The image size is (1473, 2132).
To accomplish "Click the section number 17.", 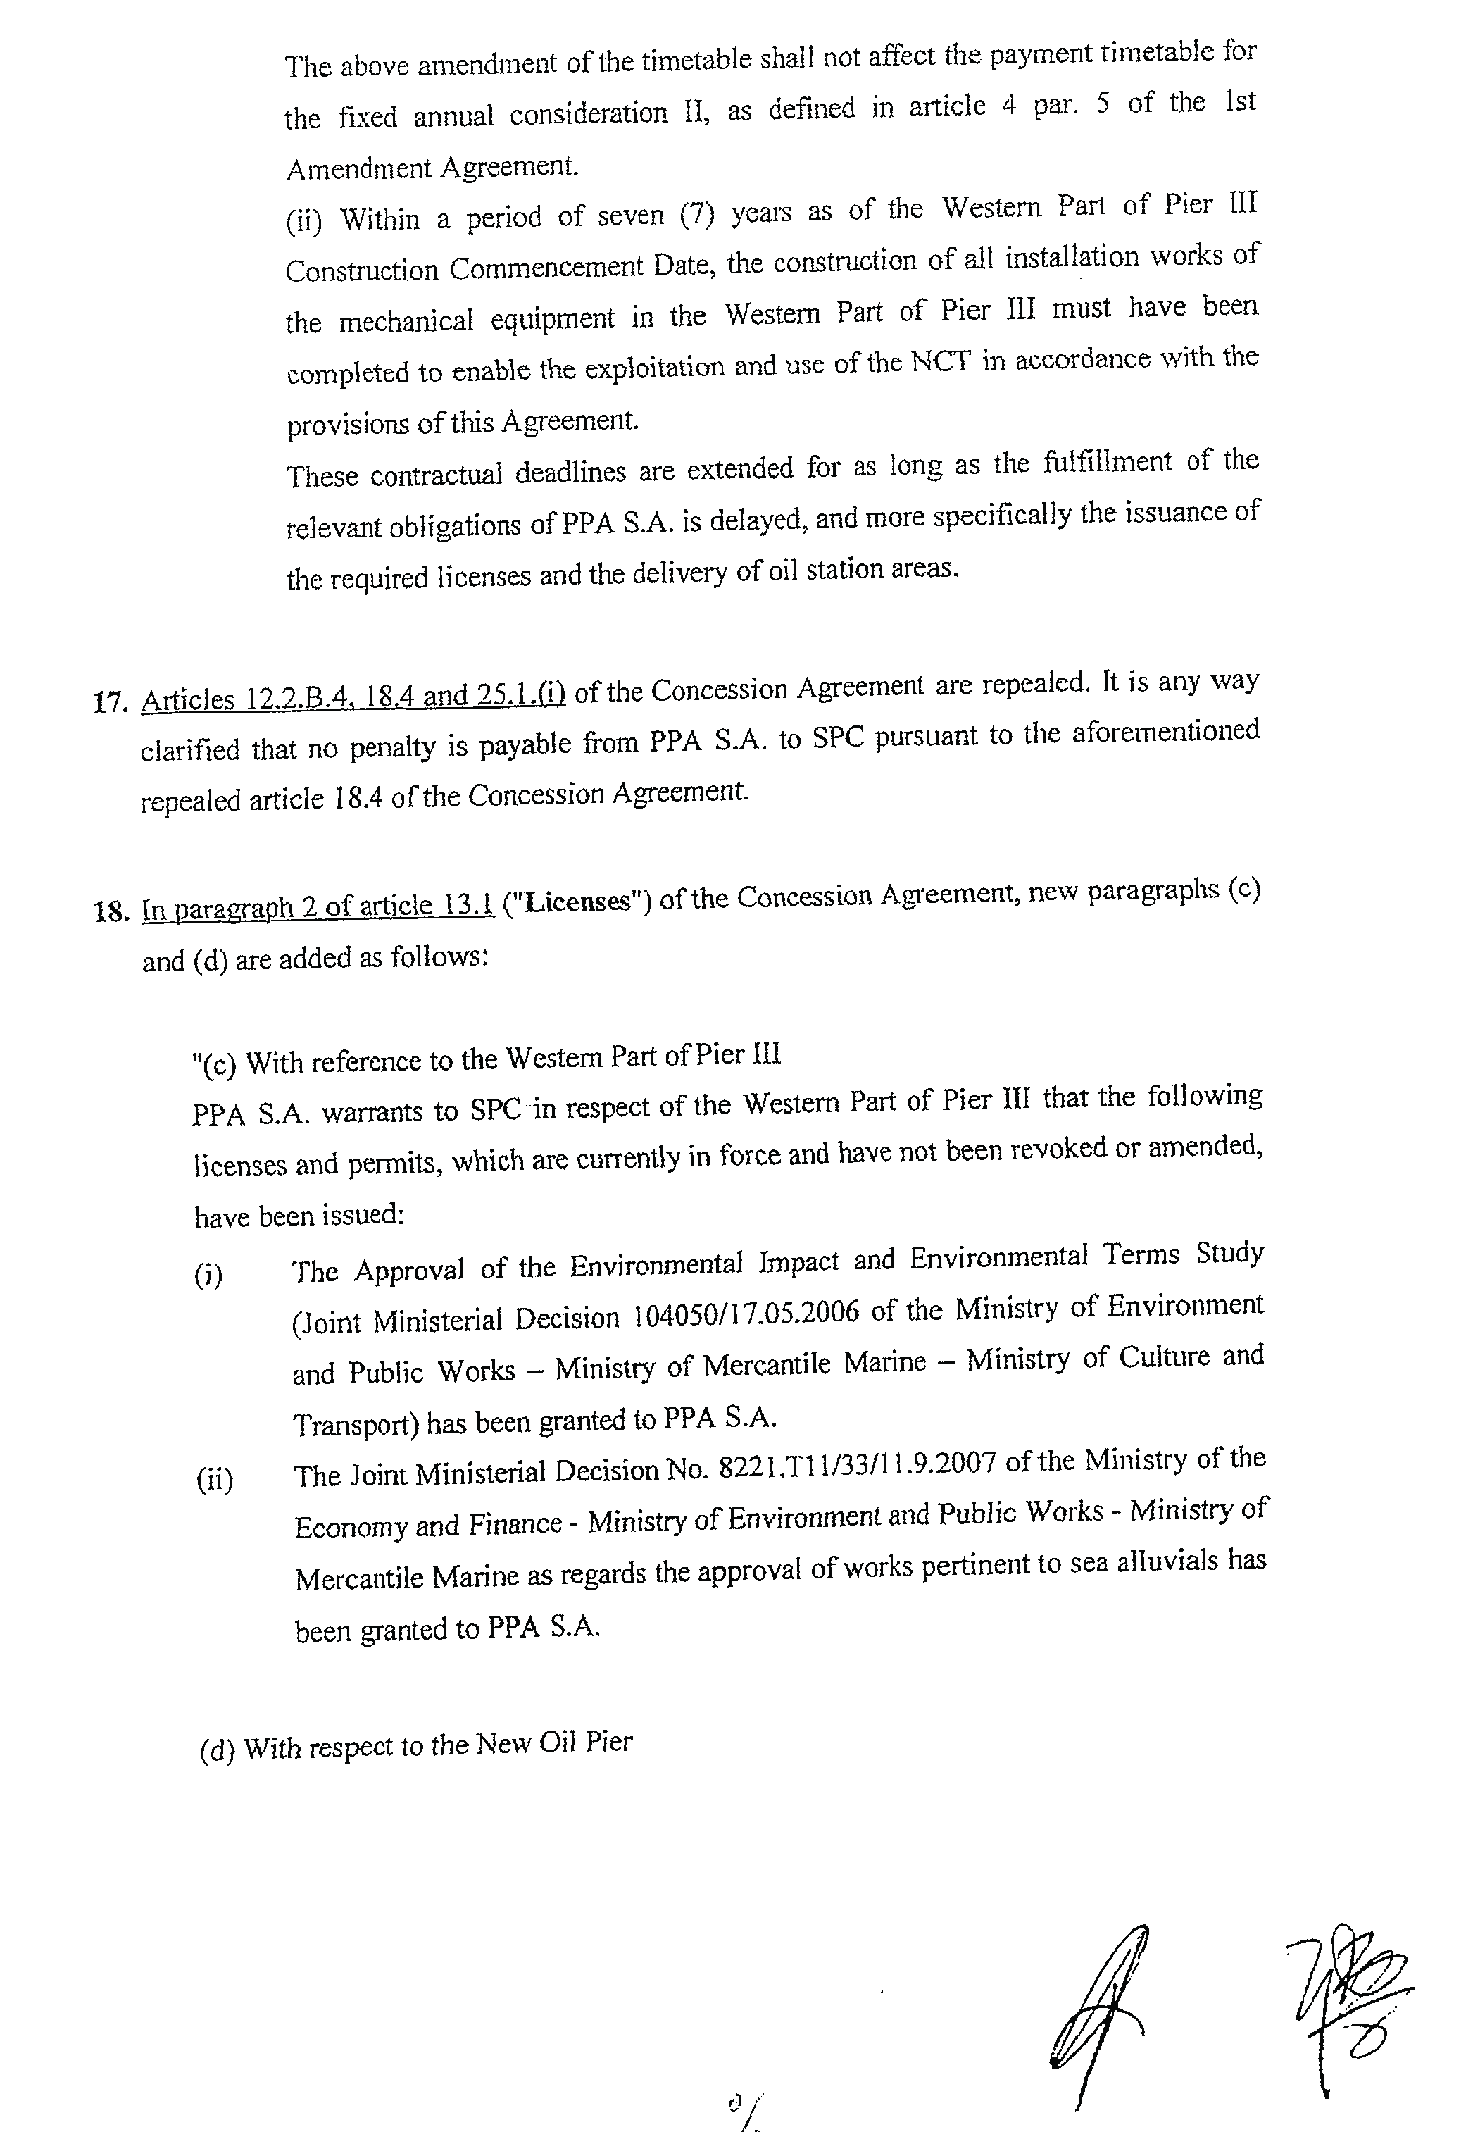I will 110,702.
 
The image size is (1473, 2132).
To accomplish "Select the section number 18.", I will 110,912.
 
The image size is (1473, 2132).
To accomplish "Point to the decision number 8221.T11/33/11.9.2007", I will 856,1465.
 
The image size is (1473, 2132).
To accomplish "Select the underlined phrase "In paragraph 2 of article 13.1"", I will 318,906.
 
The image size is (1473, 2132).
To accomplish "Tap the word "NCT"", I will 941,362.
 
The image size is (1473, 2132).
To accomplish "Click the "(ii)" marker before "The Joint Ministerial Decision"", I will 215,1480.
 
